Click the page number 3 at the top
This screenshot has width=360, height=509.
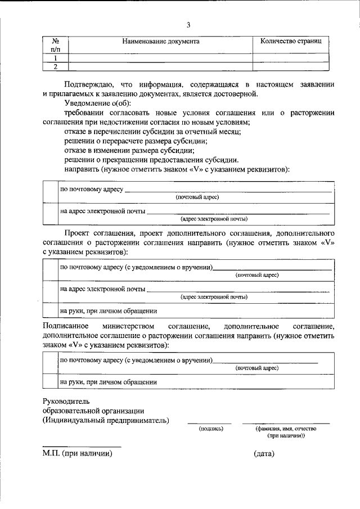[189, 25]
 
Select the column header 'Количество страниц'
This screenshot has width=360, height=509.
[290, 42]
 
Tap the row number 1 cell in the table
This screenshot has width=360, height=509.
[56, 58]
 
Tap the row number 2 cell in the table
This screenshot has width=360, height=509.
[56, 66]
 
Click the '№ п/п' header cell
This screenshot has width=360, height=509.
[56, 46]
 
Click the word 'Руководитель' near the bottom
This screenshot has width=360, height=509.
[66, 401]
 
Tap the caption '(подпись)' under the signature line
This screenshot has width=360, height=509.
[211, 429]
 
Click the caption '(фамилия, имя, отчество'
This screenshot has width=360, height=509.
[285, 429]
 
